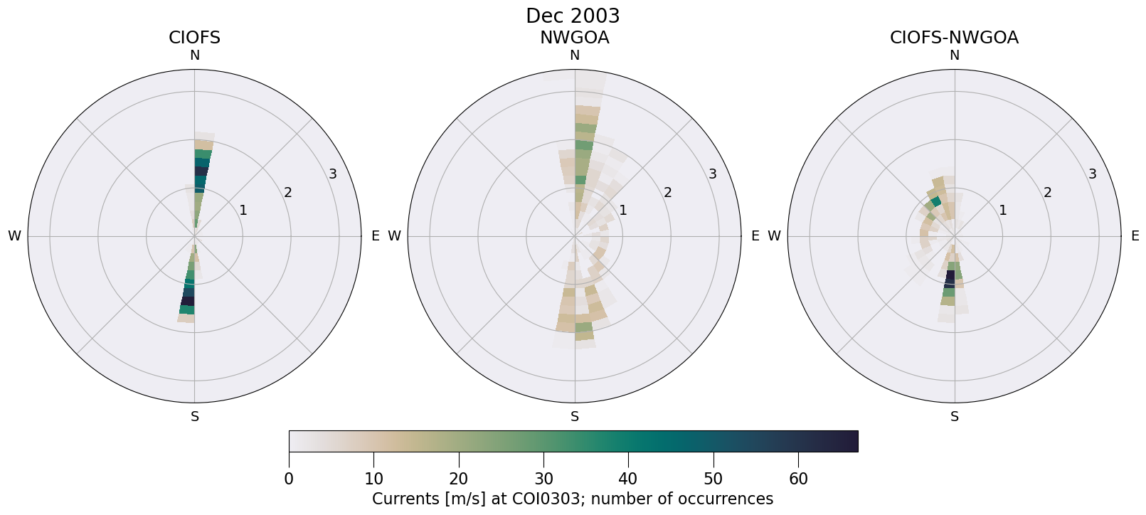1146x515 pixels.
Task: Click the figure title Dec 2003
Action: (x=573, y=16)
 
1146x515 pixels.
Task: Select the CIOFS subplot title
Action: (x=194, y=38)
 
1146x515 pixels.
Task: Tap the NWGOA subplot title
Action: (x=574, y=38)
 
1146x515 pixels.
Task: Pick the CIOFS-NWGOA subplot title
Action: (x=954, y=38)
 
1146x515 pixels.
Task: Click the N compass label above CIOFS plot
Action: (x=194, y=55)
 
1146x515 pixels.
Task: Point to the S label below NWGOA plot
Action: (x=575, y=417)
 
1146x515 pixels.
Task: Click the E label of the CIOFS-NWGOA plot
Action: (x=1135, y=236)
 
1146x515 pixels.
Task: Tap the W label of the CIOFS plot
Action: (x=14, y=236)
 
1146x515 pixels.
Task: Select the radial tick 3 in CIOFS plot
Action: (x=332, y=174)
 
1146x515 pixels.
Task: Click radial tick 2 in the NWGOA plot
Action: (x=668, y=192)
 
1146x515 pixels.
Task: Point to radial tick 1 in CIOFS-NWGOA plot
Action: (x=1003, y=210)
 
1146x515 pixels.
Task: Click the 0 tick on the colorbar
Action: (x=289, y=479)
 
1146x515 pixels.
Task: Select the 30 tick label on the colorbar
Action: (x=543, y=479)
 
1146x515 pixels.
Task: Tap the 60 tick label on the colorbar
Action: (x=798, y=479)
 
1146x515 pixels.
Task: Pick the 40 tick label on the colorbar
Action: (x=628, y=479)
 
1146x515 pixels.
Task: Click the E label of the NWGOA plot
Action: (x=755, y=236)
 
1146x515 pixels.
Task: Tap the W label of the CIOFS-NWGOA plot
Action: (x=774, y=236)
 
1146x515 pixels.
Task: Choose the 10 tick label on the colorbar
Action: (x=373, y=479)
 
